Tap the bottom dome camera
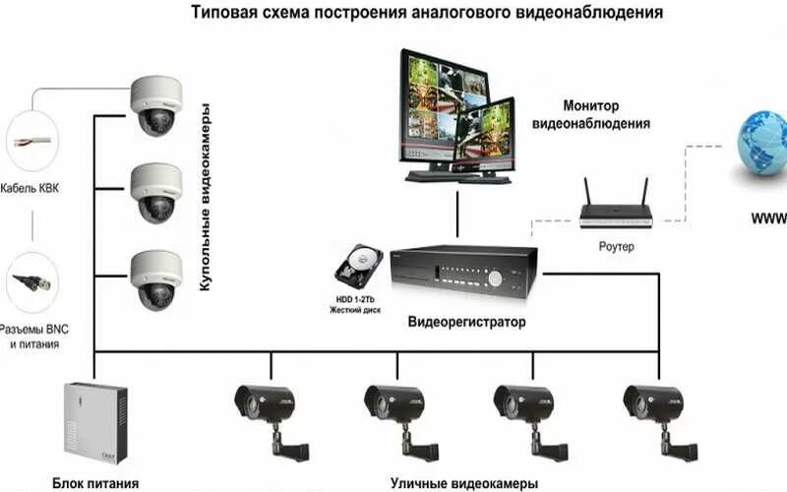[157, 277]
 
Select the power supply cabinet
[95, 422]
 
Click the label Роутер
[617, 247]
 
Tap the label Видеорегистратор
[467, 322]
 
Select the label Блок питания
[95, 482]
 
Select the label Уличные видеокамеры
[464, 482]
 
